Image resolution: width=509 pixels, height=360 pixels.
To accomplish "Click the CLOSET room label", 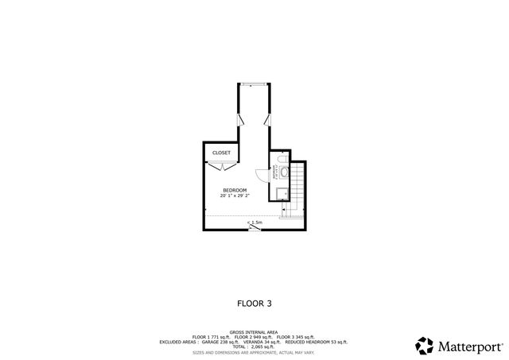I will pyautogui.click(x=221, y=153).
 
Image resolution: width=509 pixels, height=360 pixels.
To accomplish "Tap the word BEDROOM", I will pyautogui.click(x=235, y=190).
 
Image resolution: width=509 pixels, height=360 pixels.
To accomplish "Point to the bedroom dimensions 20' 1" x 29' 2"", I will pyautogui.click(x=235, y=195).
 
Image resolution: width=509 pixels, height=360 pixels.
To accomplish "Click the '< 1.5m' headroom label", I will pyautogui.click(x=254, y=223).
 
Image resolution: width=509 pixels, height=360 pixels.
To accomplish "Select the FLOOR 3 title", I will pyautogui.click(x=254, y=303).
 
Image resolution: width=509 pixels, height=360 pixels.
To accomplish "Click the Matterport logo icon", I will pyautogui.click(x=424, y=346).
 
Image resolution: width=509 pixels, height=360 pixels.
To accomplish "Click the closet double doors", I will pyautogui.click(x=220, y=165).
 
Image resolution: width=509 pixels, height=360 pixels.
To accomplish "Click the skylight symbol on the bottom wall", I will pyautogui.click(x=254, y=229).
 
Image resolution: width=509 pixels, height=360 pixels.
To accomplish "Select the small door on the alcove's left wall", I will pyautogui.click(x=241, y=120).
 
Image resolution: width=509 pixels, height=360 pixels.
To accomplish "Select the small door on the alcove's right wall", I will pyautogui.click(x=268, y=120).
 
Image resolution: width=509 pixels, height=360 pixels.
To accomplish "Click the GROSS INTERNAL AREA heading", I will pyautogui.click(x=254, y=332).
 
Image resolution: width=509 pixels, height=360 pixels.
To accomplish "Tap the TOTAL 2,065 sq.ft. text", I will pyautogui.click(x=254, y=346).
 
